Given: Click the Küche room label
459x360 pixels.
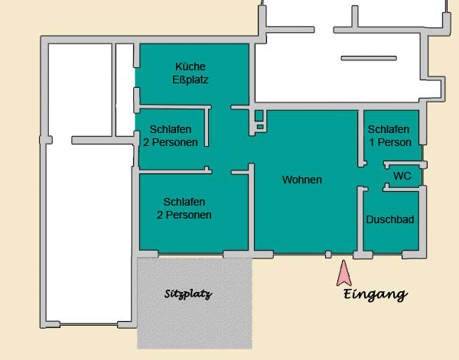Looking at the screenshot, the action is (190, 66).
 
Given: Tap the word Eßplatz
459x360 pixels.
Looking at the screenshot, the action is (190, 79).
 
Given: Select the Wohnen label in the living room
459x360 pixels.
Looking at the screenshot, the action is (302, 180).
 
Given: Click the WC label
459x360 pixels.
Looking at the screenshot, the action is (402, 176).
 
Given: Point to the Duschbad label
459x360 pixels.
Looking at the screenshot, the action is (390, 219).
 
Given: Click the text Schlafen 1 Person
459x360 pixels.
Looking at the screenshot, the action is (389, 136).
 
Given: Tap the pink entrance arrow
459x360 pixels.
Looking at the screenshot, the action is (344, 273).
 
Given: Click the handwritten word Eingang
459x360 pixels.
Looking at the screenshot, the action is (376, 294).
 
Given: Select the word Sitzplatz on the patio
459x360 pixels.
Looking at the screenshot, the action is (188, 294).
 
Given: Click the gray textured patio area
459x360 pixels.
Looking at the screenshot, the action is (194, 303).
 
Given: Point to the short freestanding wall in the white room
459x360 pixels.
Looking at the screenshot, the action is (369, 58).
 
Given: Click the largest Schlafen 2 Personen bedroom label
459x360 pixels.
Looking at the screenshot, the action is (184, 208).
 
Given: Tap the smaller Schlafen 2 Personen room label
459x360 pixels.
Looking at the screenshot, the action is (171, 136).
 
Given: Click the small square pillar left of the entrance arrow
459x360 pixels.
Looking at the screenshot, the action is (328, 255).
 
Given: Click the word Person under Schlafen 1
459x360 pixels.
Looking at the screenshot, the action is (395, 142).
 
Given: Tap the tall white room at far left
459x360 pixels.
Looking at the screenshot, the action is (88, 231).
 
